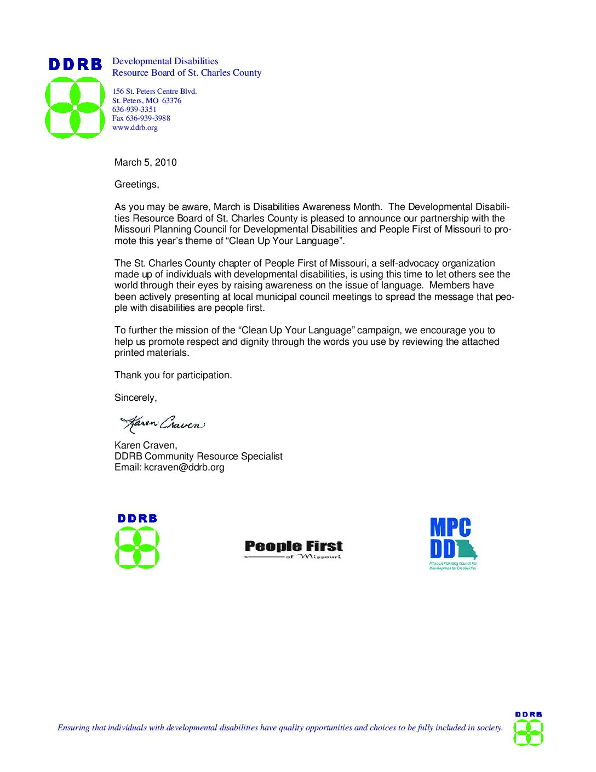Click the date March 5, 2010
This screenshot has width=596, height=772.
(145, 162)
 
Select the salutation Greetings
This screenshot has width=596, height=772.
(136, 184)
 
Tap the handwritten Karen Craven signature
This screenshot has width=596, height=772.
(163, 423)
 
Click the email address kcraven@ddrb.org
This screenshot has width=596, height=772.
(184, 467)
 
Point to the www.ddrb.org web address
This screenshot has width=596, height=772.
(135, 128)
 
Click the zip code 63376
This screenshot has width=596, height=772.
(171, 101)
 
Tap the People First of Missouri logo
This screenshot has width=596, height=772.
(294, 549)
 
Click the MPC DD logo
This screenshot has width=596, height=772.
(453, 543)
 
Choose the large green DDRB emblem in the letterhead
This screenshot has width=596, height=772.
(75, 107)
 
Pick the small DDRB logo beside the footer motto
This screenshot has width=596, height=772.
(528, 729)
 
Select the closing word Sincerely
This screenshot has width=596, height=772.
(135, 398)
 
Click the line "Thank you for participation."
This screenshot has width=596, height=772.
(173, 375)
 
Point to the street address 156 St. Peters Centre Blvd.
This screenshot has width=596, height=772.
(154, 92)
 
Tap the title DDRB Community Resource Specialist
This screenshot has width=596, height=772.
(198, 456)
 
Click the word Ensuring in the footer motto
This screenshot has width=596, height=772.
(73, 728)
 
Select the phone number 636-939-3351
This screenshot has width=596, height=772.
(134, 110)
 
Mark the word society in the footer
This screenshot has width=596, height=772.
(489, 728)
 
